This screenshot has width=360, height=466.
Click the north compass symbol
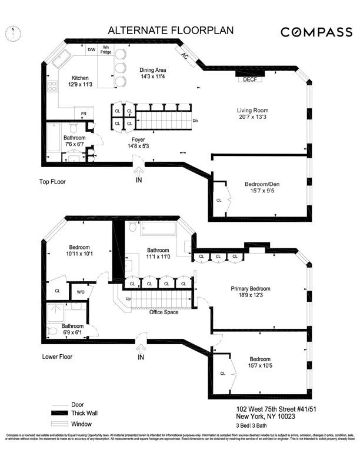14,34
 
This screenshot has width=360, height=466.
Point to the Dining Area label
152,72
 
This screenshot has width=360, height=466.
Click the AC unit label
185,57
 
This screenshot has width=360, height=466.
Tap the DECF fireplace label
250,79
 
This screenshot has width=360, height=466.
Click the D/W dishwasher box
92,50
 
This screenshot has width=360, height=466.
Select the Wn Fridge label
106,49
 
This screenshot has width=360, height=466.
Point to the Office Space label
164,312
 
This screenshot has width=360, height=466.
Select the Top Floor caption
49,182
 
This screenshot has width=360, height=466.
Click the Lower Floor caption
58,357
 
